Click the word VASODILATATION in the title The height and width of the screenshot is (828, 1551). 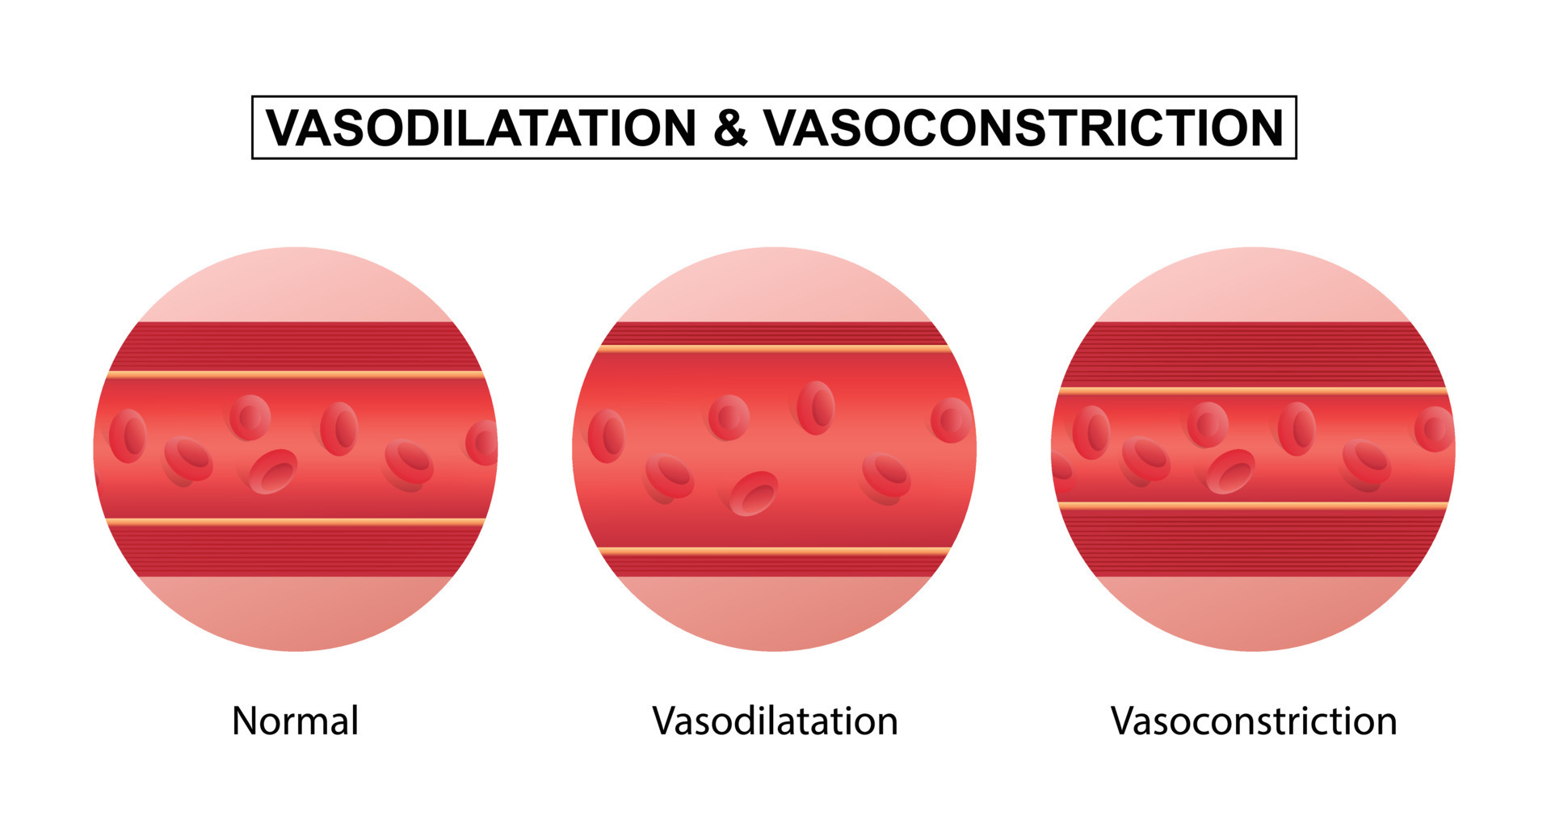coord(481,128)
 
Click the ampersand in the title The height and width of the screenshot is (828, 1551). coord(730,128)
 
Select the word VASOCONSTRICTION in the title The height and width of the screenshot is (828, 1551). coord(1023,128)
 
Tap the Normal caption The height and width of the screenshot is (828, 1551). coord(295,721)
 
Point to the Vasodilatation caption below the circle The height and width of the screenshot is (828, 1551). coord(775,721)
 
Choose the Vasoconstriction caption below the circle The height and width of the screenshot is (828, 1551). coord(1253,721)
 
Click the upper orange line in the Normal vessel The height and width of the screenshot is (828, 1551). coord(296,375)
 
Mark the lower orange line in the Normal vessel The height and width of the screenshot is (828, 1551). coord(296,522)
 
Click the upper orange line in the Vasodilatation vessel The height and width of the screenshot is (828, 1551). coord(774,349)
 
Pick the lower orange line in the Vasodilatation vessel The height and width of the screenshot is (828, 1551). coord(774,552)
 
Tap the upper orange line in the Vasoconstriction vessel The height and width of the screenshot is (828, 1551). coord(1253,391)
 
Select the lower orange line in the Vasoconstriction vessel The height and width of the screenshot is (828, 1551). coord(1253,506)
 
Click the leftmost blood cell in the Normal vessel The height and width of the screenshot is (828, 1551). coord(128,436)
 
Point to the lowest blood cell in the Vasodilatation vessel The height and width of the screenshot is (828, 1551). coord(754,494)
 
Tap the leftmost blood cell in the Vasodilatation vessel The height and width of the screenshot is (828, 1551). coord(606,436)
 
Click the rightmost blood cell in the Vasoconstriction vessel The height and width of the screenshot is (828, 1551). coord(1434,429)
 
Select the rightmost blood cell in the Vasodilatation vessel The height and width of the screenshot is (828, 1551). coord(951,420)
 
